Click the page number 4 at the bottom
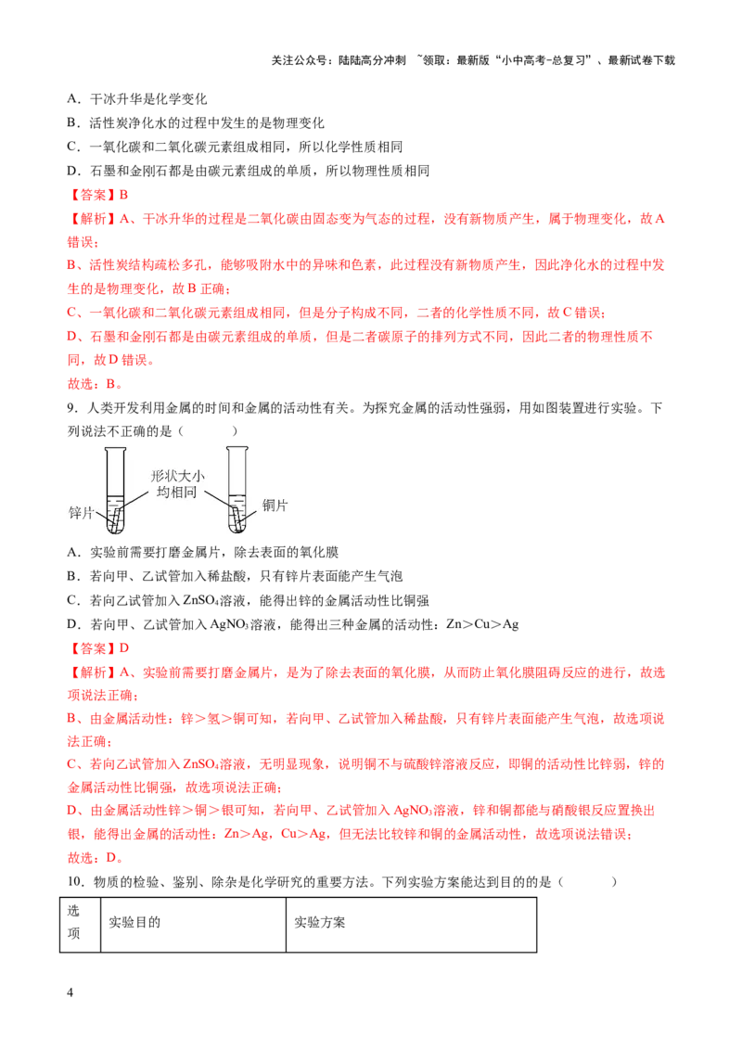point(70,992)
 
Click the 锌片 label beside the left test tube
point(81,513)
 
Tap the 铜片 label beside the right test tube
point(275,505)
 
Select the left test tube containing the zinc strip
point(115,490)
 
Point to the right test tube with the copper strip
point(237,490)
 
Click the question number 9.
point(71,408)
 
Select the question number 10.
point(75,882)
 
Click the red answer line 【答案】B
point(97,195)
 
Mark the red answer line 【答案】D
point(97,648)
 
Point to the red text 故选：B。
point(96,384)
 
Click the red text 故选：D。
point(96,858)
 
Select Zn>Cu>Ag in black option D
point(482,624)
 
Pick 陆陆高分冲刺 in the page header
point(372,60)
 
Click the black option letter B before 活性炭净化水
point(72,123)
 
